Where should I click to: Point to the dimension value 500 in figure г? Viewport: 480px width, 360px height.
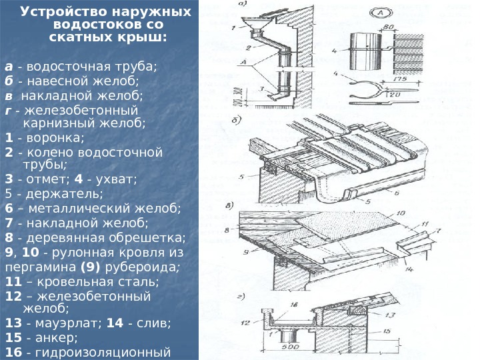(x=288, y=346)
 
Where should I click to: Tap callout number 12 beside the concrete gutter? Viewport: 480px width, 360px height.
(x=247, y=321)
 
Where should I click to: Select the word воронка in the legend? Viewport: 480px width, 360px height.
(x=52, y=138)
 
